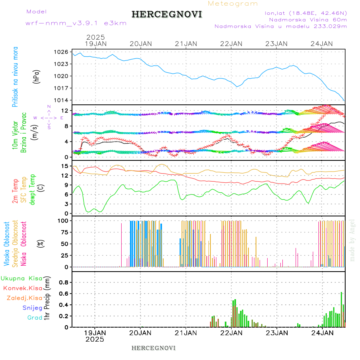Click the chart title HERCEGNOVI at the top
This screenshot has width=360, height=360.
(166, 14)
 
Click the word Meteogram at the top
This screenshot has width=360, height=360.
(233, 4)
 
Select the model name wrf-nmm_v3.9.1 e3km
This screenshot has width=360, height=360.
(76, 23)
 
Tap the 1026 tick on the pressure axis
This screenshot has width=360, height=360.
(62, 52)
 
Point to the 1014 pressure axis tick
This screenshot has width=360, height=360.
(62, 100)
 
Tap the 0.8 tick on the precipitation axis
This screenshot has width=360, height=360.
(63, 282)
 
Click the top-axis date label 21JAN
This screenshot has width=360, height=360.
(186, 44)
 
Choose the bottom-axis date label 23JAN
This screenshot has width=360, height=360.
(277, 332)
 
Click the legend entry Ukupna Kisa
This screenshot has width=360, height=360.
(22, 278)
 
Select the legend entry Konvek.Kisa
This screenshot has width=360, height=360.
(23, 288)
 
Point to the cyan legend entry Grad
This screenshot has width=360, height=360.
(35, 318)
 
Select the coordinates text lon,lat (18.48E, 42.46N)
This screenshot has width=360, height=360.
(303, 13)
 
